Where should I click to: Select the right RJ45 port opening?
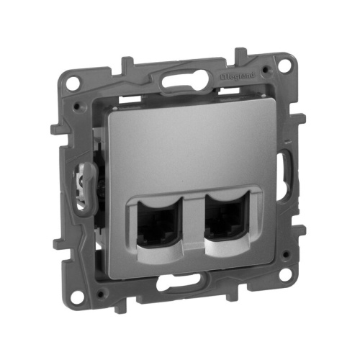[x=228, y=222]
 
